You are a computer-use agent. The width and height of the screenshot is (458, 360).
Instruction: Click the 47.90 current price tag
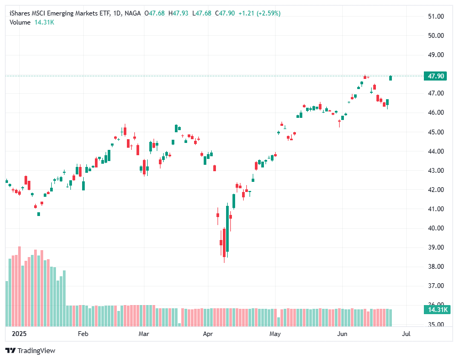coord(433,76)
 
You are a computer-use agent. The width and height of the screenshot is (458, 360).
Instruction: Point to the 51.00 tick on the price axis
coord(437,17)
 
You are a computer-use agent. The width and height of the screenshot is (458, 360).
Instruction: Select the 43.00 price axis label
coord(437,171)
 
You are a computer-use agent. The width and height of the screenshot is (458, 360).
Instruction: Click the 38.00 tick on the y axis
coord(437,267)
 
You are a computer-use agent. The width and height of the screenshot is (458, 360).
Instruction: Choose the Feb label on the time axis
coord(83,334)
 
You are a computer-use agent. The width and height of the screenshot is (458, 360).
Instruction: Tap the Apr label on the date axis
coord(208,334)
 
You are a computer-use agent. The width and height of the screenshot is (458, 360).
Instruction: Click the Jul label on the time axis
coord(406,334)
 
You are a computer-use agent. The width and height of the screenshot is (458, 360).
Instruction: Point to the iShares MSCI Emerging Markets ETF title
coord(58,13)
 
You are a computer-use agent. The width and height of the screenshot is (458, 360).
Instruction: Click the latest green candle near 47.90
coord(391,78)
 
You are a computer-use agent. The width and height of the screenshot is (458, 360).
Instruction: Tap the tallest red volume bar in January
coord(19,286)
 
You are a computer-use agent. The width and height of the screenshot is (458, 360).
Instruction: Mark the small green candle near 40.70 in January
coord(38,214)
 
